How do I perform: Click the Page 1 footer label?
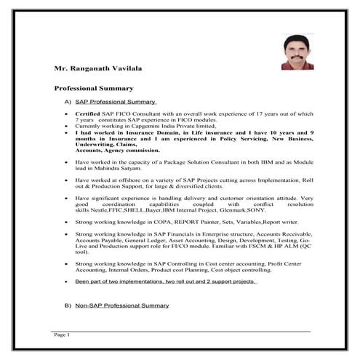click(x=61, y=335)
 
